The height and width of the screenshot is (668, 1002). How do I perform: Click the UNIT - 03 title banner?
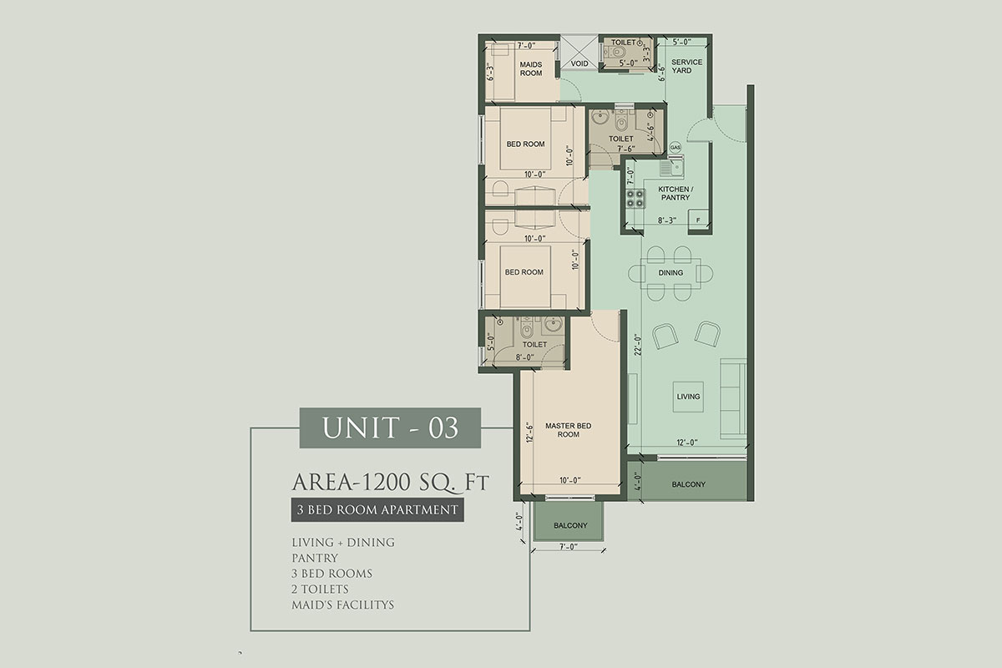390,428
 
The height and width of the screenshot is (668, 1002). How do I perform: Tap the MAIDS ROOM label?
531,69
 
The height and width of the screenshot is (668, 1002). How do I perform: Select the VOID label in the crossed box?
579,63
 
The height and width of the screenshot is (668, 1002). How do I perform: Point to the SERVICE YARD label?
686,66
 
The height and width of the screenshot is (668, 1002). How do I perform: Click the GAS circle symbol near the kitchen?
675,147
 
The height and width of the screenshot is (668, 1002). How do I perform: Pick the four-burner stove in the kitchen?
635,199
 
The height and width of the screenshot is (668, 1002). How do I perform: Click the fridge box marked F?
698,220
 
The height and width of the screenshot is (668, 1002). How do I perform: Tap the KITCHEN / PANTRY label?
676,193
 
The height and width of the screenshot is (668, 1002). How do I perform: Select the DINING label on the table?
671,272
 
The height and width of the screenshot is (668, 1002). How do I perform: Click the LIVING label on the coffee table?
688,397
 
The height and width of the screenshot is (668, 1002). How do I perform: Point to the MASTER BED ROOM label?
568,430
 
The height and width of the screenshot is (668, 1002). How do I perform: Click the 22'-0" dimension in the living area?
638,345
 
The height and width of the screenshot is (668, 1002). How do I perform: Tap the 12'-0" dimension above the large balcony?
687,443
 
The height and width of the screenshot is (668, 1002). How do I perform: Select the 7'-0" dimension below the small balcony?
568,547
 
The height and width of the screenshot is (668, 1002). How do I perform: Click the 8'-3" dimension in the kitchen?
667,220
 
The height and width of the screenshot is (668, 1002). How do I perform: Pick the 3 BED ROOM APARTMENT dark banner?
377,509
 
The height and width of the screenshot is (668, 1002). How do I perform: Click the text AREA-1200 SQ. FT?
391,483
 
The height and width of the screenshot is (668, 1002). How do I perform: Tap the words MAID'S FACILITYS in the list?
342,605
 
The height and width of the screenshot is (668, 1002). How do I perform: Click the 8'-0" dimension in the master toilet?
524,357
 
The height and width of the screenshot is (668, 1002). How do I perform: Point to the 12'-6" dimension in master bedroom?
530,433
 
